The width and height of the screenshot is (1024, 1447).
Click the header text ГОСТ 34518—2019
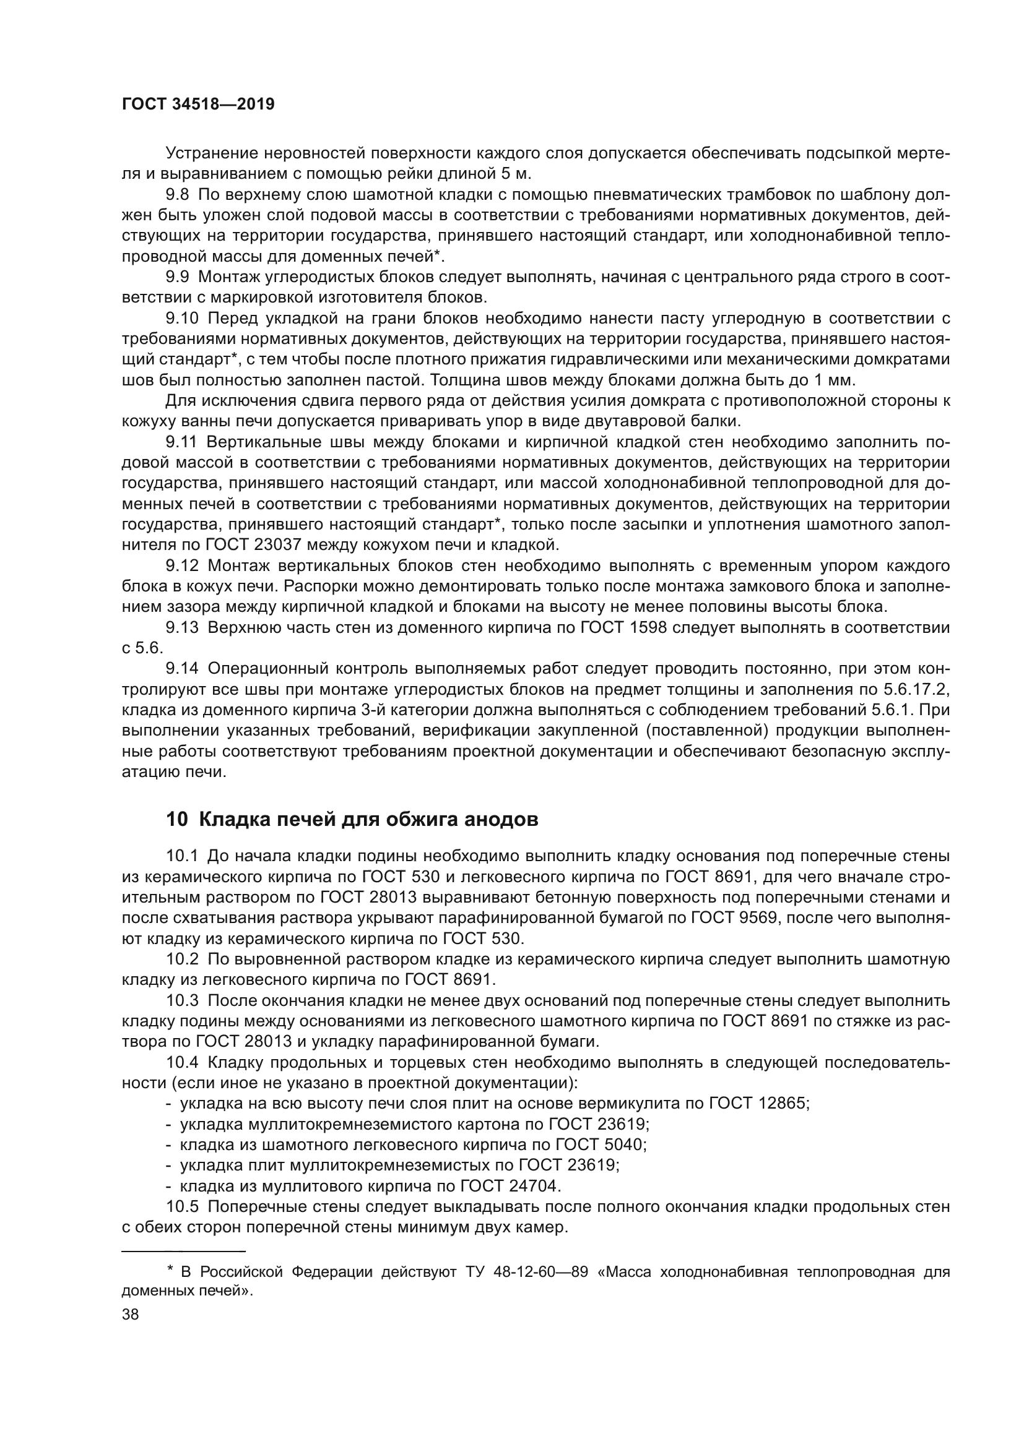pyautogui.click(x=198, y=105)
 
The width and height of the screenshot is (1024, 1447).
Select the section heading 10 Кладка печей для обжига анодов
pyautogui.click(x=352, y=819)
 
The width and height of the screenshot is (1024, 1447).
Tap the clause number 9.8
pyautogui.click(x=177, y=195)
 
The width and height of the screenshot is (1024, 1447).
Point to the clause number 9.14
pyautogui.click(x=182, y=668)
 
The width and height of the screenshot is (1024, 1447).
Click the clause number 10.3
pyautogui.click(x=182, y=1000)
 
